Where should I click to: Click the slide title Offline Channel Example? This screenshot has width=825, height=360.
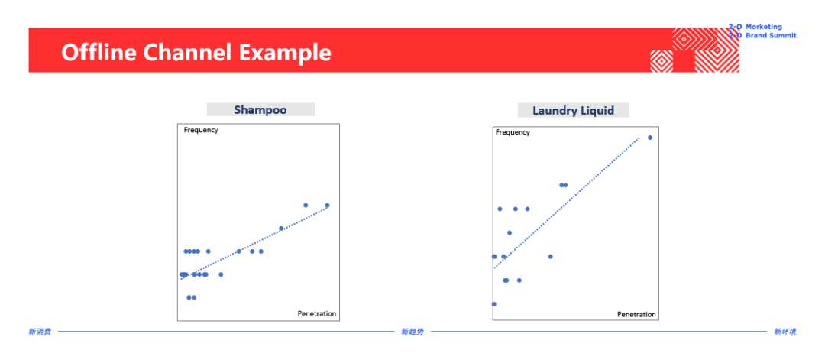[x=196, y=53]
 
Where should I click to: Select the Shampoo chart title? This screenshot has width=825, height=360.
[x=260, y=110]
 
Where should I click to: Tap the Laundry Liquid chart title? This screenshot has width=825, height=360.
[x=573, y=111]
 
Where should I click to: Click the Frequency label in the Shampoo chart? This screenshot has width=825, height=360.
[x=201, y=130]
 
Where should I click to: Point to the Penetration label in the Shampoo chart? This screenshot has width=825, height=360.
[x=317, y=313]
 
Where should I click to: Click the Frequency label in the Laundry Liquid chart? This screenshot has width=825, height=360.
[x=513, y=132]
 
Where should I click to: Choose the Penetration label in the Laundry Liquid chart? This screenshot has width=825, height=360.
[x=636, y=314]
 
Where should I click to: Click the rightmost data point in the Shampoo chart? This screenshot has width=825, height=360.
[x=327, y=206]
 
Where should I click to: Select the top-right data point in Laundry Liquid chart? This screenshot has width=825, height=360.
[x=650, y=138]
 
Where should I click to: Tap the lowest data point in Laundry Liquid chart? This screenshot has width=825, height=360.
[x=494, y=303]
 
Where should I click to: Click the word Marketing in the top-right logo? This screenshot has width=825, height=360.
[x=764, y=27]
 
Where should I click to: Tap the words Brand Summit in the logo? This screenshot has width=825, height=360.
[x=771, y=36]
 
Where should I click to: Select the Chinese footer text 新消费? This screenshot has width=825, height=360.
[x=40, y=332]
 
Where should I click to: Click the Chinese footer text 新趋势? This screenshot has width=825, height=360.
[x=412, y=332]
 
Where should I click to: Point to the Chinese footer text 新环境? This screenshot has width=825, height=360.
[x=785, y=332]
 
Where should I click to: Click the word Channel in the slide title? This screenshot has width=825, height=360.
[x=186, y=53]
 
